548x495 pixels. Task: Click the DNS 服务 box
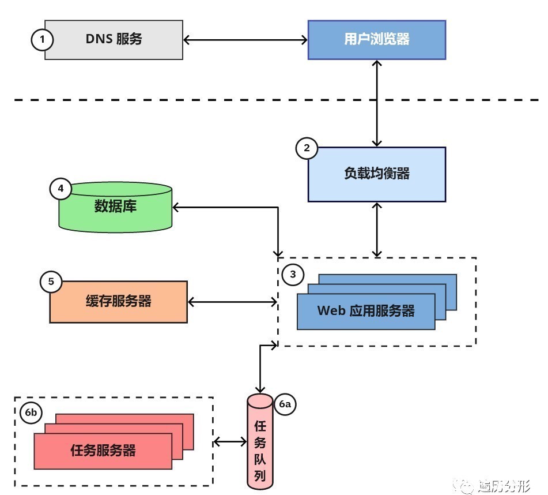114,40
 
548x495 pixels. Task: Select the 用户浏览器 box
377,40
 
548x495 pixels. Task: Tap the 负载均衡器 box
377,174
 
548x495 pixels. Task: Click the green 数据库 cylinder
116,208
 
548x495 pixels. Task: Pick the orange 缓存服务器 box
118,301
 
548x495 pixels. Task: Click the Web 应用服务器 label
366,312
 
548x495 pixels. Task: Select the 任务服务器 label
103,451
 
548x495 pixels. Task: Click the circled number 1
42,40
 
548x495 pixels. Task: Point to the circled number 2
307,148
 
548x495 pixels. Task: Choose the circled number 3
293,275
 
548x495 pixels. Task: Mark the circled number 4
61,189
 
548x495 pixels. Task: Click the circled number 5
51,282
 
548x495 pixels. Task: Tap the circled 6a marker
285,405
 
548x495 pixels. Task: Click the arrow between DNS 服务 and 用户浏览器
245,40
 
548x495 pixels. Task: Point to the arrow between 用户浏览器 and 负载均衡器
377,103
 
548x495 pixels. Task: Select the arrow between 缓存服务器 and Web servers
233,301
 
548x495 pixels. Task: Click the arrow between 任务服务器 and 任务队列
230,442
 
